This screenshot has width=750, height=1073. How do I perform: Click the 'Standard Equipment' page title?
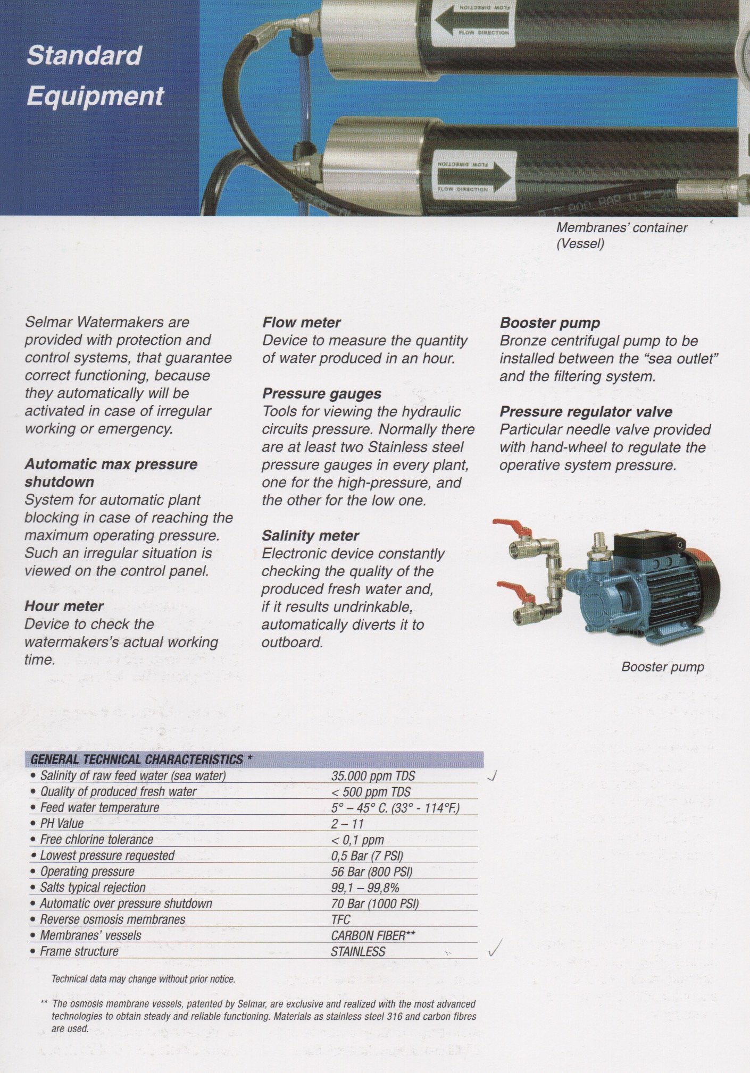pyautogui.click(x=95, y=75)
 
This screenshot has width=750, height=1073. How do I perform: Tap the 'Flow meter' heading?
pyautogui.click(x=301, y=323)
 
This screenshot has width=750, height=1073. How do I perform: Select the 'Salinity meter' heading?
pyautogui.click(x=310, y=536)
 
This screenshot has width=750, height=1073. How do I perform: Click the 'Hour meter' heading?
pyautogui.click(x=64, y=606)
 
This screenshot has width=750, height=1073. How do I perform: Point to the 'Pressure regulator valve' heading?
pyautogui.click(x=586, y=412)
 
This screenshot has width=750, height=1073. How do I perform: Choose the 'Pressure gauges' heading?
pyautogui.click(x=321, y=394)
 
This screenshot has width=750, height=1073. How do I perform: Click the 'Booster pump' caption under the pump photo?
pyautogui.click(x=662, y=667)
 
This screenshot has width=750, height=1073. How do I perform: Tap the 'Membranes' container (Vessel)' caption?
pyautogui.click(x=621, y=235)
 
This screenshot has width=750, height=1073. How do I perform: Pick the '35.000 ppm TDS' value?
pyautogui.click(x=373, y=776)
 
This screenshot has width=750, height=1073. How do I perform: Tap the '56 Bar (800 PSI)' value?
pyautogui.click(x=371, y=872)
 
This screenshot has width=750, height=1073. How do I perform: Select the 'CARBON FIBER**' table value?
pyautogui.click(x=372, y=935)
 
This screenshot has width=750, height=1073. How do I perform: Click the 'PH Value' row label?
pyautogui.click(x=62, y=824)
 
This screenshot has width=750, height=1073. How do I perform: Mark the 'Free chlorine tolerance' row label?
pyautogui.click(x=96, y=840)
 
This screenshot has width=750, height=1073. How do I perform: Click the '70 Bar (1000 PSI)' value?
pyautogui.click(x=374, y=903)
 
